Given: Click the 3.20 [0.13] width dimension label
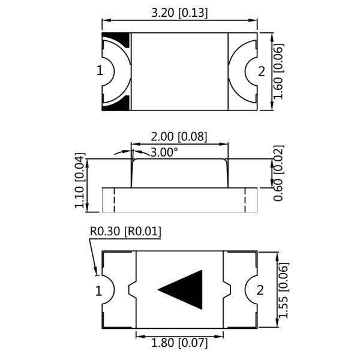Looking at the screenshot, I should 179,12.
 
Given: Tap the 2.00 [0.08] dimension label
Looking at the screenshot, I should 179,137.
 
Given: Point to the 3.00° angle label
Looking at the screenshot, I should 164,152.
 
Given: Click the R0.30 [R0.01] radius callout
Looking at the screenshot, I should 125,232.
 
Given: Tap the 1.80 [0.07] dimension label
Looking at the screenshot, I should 179,343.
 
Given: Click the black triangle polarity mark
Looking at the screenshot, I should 184,290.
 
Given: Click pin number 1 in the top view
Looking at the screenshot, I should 100,71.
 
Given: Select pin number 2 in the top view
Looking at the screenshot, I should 261,71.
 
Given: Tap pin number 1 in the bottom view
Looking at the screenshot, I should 98,291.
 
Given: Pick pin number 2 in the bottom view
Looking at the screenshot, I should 260,290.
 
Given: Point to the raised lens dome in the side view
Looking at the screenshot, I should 179,173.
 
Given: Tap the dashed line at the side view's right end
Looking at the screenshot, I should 245,199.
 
